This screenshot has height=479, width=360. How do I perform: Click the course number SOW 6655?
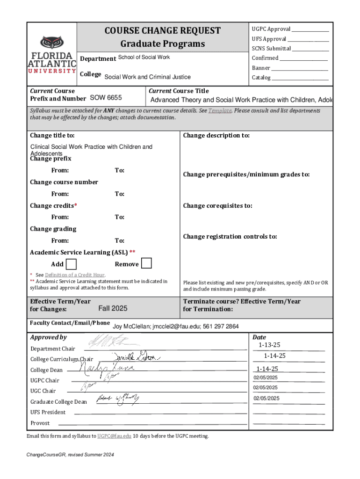point(106,98)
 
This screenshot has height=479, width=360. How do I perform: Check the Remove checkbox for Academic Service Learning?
point(146,263)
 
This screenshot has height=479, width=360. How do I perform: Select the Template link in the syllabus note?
point(220,111)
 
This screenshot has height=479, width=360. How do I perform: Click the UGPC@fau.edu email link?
point(115,436)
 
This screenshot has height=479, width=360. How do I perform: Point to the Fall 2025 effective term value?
point(113,309)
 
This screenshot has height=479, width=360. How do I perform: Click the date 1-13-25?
point(269,345)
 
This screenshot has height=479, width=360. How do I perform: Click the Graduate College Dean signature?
point(117,399)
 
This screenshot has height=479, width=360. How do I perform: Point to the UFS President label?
point(48,412)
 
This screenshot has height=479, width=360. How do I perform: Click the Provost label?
point(40,423)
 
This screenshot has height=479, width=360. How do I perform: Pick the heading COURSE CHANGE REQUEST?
point(163,31)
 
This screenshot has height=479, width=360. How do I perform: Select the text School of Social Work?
point(144,58)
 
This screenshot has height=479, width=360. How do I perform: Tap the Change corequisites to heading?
point(217,205)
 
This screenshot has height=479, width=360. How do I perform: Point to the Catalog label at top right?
point(261,78)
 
